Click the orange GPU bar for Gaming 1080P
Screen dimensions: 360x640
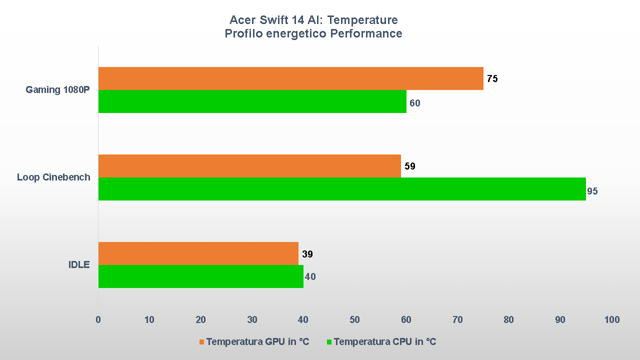pos(290,78)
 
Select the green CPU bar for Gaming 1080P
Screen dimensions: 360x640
pos(252,101)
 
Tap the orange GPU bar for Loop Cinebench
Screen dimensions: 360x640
pos(249,166)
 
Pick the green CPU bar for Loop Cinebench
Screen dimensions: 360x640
pos(342,189)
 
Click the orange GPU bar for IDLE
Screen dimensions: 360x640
pos(198,253)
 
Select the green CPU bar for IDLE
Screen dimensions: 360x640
pos(200,276)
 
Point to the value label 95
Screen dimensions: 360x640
pos(592,191)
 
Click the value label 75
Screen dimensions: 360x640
pos(492,78)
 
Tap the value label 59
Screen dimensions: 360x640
pos(409,166)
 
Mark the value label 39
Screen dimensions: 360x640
pos(307,254)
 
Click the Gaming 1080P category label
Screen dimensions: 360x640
pos(58,90)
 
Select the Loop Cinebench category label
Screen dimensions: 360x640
pos(53,177)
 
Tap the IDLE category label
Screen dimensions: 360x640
pos(79,264)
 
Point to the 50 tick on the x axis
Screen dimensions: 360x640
pos(354,319)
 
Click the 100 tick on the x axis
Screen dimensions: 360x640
pos(611,319)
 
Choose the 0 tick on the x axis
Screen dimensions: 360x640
pos(98,319)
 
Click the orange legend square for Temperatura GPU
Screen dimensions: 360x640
pos(202,342)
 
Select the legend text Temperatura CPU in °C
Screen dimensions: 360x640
pos(384,341)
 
